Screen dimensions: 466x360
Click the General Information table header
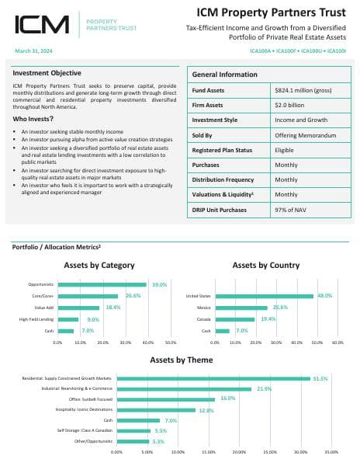pyautogui.click(x=224, y=75)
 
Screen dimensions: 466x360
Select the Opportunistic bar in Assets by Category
pyautogui.click(x=102, y=285)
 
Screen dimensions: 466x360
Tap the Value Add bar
pyautogui.click(x=78, y=308)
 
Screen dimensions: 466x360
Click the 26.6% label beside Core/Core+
pyautogui.click(x=133, y=296)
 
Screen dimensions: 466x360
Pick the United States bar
pyautogui.click(x=265, y=296)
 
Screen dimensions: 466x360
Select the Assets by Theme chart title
pyautogui.click(x=179, y=360)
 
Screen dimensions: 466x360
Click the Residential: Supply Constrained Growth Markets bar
pyautogui.click(x=213, y=378)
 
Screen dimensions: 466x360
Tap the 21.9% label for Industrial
pyautogui.click(x=264, y=388)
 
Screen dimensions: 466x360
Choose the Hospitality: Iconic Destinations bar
pyautogui.click(x=156, y=409)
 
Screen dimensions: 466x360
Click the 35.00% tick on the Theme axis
pyautogui.click(x=331, y=451)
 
